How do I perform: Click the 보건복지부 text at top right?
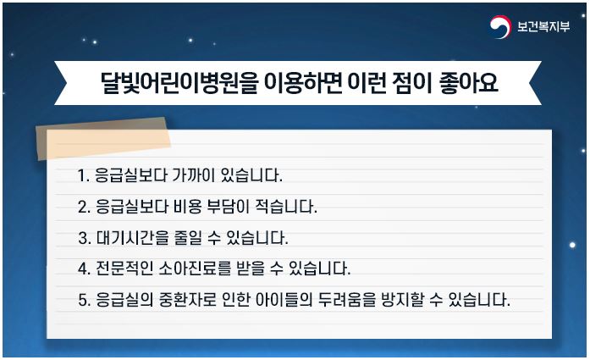(x=543, y=26)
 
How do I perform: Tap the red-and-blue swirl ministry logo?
(x=500, y=27)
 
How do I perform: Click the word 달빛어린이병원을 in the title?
(x=179, y=82)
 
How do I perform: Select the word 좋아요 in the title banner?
(x=468, y=82)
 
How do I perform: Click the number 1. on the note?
(x=84, y=175)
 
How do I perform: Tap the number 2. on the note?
(x=84, y=207)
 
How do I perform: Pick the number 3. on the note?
(x=85, y=238)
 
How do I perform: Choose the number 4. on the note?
(x=85, y=269)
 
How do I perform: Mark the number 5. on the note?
(x=85, y=300)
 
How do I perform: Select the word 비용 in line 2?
(x=188, y=207)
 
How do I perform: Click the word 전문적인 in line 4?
(x=124, y=269)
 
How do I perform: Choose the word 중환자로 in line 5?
(x=187, y=300)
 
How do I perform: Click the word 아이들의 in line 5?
(x=284, y=300)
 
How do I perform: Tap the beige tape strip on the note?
(x=103, y=139)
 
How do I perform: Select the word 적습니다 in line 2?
(x=286, y=207)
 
